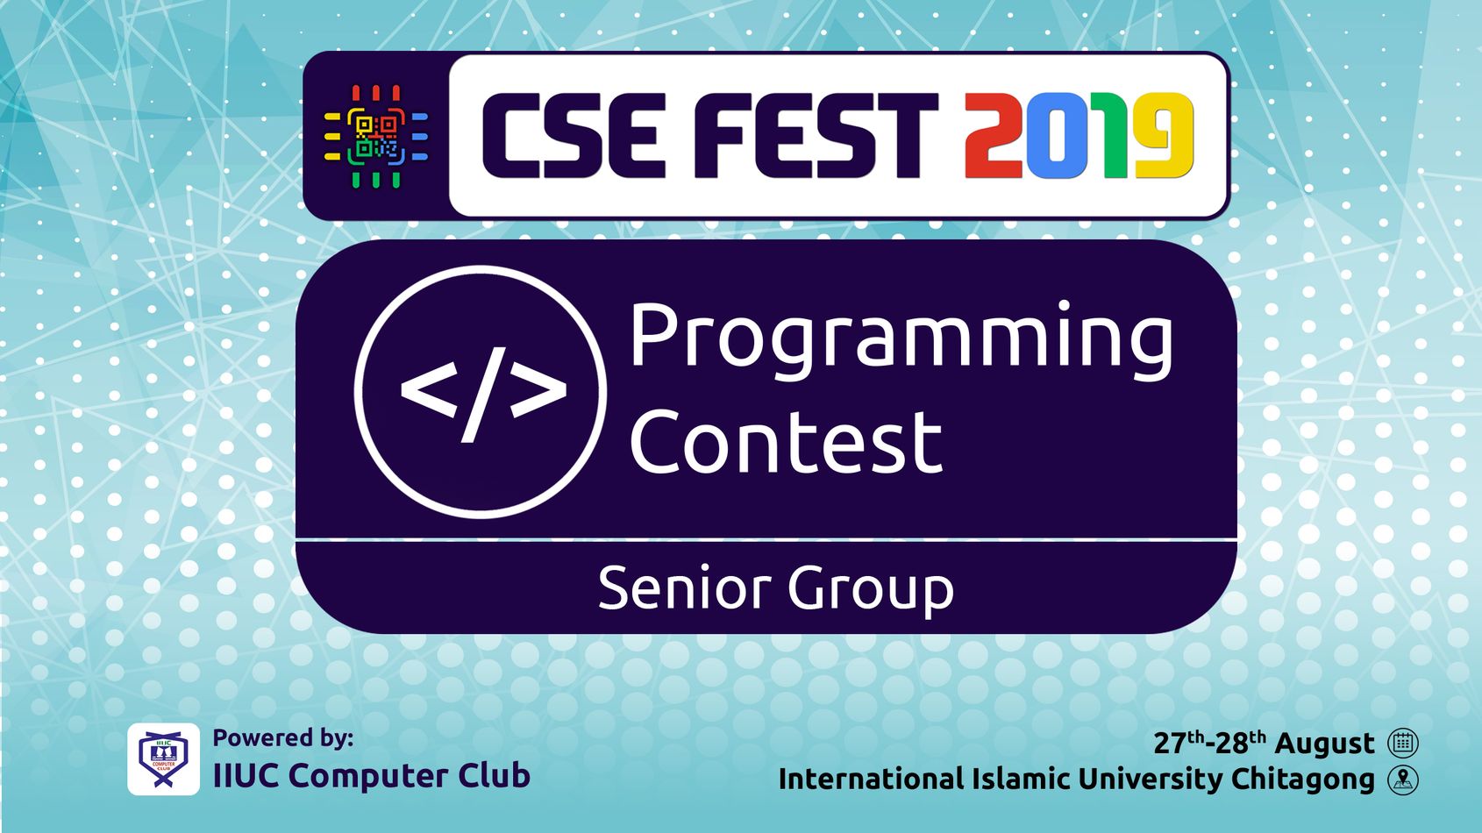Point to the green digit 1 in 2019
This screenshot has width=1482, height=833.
point(1114,135)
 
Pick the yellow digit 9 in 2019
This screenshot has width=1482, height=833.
point(1165,135)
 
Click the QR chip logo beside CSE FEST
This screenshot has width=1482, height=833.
point(376,136)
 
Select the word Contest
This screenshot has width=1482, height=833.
point(786,441)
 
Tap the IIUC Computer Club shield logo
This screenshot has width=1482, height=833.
point(163,758)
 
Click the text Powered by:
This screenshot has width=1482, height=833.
point(283,737)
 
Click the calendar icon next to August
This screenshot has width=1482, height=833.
point(1402,743)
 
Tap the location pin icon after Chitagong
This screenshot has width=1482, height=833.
point(1402,780)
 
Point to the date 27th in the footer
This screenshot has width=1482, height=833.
point(1179,743)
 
